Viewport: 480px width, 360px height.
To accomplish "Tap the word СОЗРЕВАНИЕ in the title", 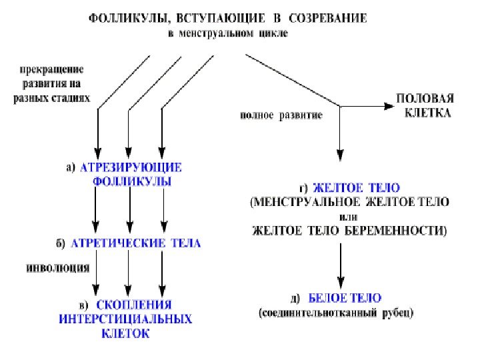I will [328, 21].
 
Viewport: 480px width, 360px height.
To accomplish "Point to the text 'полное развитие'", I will [281, 115].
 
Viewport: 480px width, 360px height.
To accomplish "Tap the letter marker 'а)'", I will [71, 168].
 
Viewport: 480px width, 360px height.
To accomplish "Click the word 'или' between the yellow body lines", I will [346, 216].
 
